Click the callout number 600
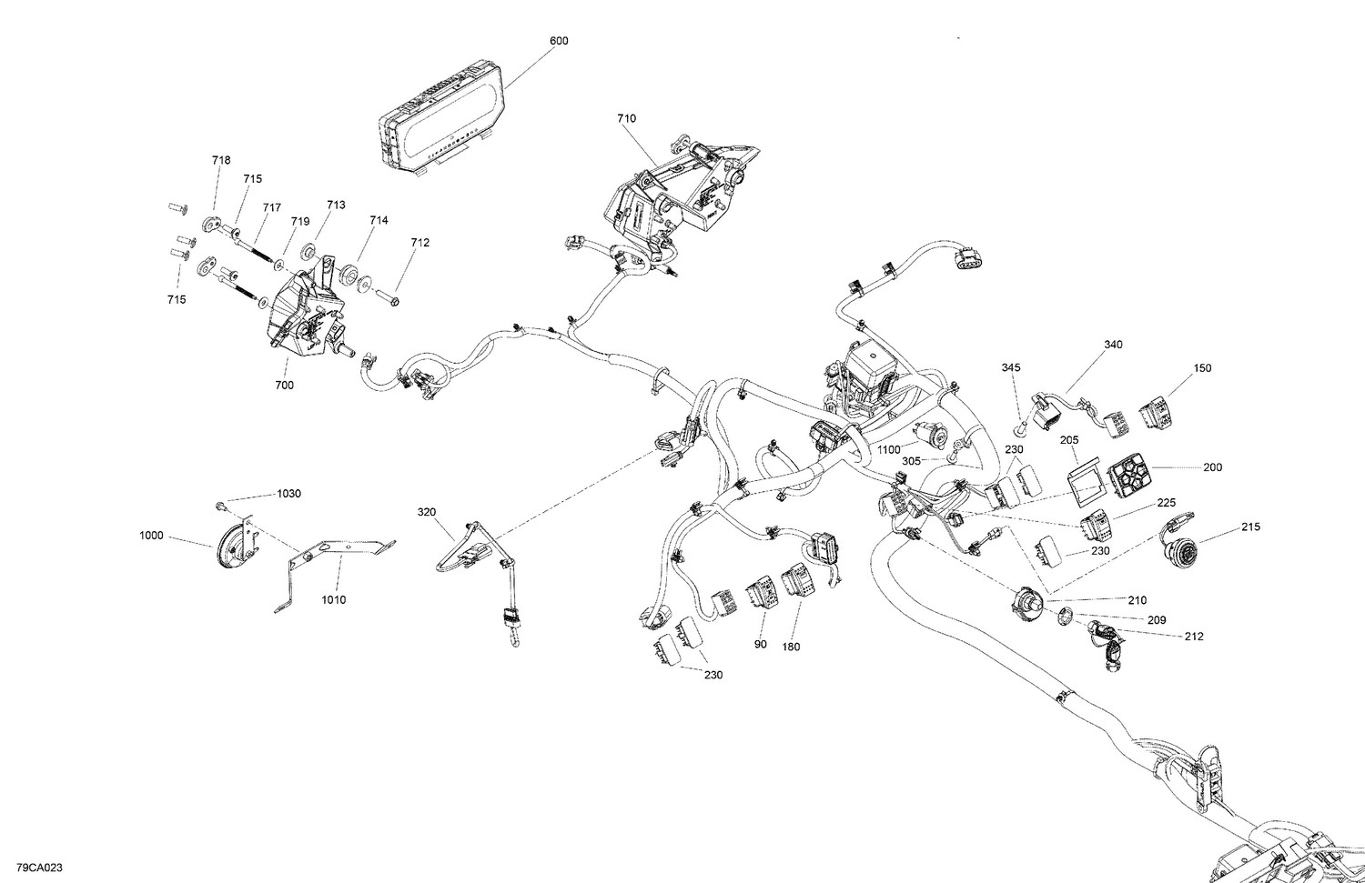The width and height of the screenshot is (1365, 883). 559,41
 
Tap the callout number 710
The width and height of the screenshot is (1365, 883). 626,118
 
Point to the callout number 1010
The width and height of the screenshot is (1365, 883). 333,600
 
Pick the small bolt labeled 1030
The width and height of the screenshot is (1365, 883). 221,505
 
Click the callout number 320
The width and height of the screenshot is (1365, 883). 427,512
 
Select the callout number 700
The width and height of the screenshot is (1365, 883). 284,386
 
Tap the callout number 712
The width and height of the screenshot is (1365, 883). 420,243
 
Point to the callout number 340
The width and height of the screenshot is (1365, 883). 1113,345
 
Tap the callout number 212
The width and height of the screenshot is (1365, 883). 1194,637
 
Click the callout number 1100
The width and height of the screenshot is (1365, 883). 889,450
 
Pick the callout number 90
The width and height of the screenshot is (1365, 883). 760,645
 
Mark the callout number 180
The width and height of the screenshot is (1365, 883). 790,646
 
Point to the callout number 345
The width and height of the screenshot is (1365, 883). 1010,367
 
